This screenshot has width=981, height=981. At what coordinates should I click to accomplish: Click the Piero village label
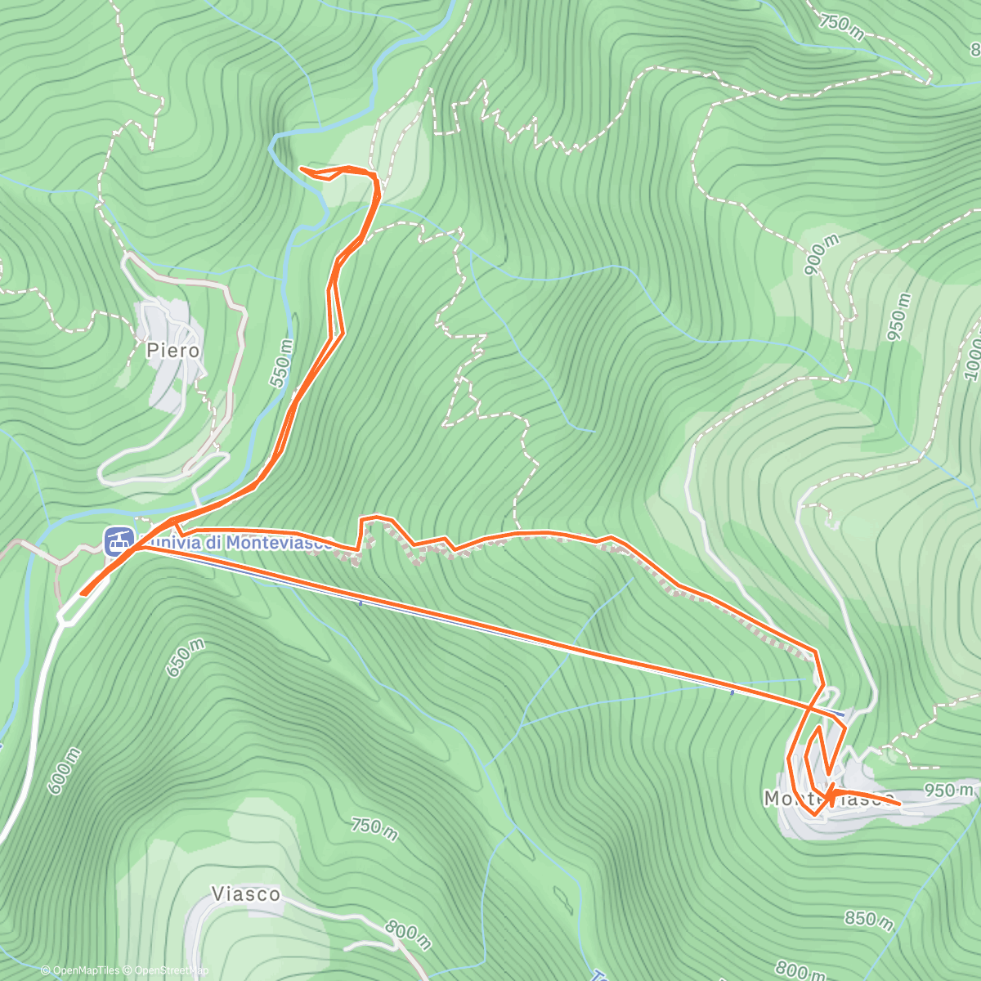(172, 351)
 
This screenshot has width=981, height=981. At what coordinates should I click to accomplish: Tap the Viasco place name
(245, 894)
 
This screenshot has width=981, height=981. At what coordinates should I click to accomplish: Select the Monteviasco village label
(828, 798)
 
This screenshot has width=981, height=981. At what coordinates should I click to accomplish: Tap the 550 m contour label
(281, 363)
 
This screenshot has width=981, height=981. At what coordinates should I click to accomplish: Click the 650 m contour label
(186, 658)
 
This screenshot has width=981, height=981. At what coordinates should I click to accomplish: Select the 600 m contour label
(64, 771)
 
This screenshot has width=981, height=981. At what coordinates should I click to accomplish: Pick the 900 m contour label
(821, 254)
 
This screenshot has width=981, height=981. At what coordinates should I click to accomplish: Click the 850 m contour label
(868, 919)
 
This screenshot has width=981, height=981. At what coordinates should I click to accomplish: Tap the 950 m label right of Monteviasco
(948, 790)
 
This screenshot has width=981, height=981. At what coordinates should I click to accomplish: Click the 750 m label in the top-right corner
(840, 25)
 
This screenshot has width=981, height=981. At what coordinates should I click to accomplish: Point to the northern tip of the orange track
(302, 168)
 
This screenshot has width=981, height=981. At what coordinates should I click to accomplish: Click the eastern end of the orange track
(900, 804)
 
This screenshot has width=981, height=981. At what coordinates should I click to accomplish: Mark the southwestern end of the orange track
(82, 594)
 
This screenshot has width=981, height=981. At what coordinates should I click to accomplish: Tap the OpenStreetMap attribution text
(168, 970)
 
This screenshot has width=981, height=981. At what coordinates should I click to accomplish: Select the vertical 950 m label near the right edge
(898, 316)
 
